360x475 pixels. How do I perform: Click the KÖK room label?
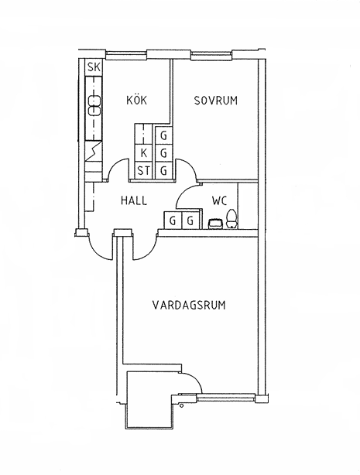point(136,100)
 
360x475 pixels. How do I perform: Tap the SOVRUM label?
point(216,101)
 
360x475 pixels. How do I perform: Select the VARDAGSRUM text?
point(189,305)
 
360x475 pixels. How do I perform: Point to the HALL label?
point(134,200)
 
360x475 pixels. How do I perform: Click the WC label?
point(219,200)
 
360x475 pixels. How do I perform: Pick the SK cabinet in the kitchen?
point(94,67)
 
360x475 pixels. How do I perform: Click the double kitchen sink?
point(94,106)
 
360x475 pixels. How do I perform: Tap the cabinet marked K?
point(144,153)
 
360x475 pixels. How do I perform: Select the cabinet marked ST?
point(144,171)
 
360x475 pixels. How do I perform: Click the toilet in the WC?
point(231,218)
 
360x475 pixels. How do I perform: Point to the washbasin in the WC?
point(216,224)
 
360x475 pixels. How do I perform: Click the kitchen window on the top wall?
point(126,55)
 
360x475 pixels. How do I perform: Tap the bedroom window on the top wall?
point(211,55)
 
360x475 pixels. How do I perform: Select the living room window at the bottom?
point(226,396)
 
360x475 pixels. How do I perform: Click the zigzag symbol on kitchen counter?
point(94,151)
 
